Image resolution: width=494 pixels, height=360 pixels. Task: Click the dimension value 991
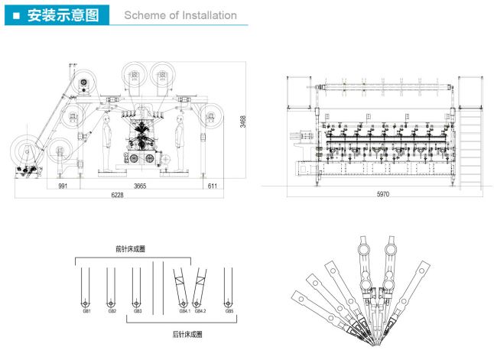(63, 186)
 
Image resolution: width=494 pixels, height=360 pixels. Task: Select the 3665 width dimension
(139, 186)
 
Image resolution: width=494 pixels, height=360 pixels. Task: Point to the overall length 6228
(117, 196)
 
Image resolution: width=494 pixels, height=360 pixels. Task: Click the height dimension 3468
(242, 122)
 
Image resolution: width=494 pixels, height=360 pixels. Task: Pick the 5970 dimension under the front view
(383, 194)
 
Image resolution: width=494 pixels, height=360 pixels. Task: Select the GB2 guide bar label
(112, 311)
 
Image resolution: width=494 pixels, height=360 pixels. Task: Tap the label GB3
(138, 311)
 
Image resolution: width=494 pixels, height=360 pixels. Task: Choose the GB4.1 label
(184, 311)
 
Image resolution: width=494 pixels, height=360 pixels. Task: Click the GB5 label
(229, 311)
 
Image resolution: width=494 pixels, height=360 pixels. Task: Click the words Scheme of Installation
(180, 15)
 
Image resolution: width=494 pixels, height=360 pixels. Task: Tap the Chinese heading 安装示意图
(63, 15)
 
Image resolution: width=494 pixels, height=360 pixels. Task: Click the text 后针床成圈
(187, 334)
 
